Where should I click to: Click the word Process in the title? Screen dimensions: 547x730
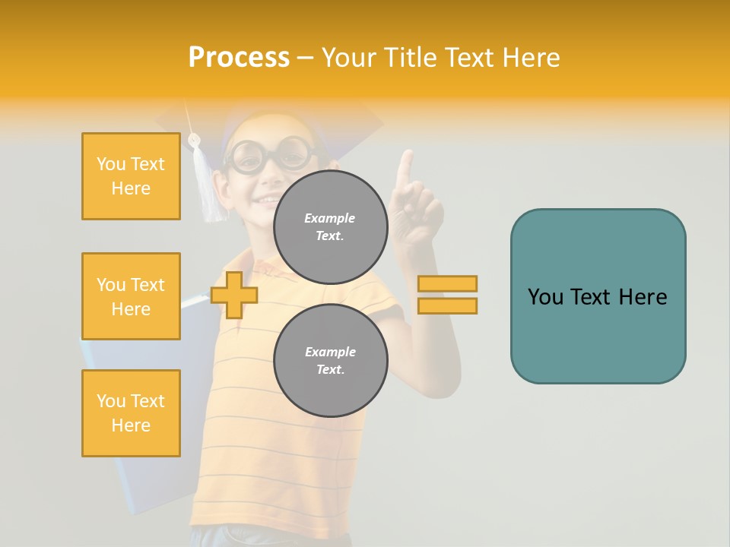(x=239, y=58)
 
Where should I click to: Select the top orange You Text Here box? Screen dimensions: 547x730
(x=131, y=176)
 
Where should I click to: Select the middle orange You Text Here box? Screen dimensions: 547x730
(x=131, y=296)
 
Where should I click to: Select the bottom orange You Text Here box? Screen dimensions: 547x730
(x=131, y=413)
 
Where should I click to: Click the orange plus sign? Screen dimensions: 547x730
(x=234, y=295)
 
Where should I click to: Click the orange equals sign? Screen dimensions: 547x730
(x=447, y=295)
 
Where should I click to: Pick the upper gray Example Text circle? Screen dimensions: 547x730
(x=330, y=227)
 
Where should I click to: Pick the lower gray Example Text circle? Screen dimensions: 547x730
(x=330, y=361)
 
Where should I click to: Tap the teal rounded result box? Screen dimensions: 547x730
(x=598, y=296)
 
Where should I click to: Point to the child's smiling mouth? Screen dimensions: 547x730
(x=266, y=200)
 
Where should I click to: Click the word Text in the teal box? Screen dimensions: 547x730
(x=596, y=297)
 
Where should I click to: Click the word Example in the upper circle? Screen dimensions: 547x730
(x=330, y=218)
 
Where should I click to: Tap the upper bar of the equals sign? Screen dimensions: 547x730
(x=447, y=284)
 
